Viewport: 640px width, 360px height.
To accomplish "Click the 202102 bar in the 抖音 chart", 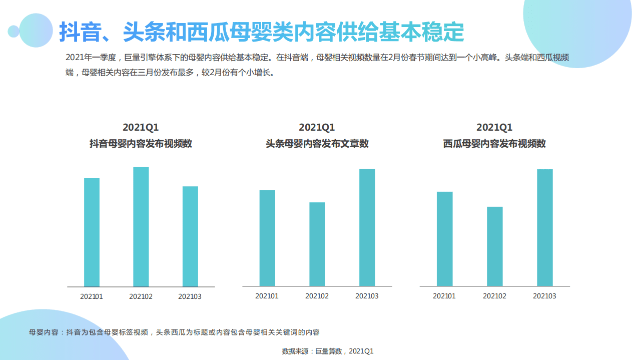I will tap(141, 227).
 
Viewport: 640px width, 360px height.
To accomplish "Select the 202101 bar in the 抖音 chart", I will tap(92, 232).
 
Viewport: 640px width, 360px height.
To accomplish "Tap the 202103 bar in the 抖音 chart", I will tap(190, 236).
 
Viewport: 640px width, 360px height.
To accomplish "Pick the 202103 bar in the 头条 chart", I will tap(367, 227).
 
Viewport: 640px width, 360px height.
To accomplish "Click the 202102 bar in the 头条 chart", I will tap(317, 244).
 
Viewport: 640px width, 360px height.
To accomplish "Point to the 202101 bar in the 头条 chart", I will tap(267, 238).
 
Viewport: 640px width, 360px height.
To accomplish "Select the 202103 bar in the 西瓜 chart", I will tap(544, 227).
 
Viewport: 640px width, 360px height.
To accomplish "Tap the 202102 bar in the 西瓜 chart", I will tap(494, 246).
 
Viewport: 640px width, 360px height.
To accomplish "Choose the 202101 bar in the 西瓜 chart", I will tap(444, 239).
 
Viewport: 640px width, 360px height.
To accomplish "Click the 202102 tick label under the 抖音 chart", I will tap(141, 296).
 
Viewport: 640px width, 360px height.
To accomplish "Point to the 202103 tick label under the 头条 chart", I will tap(367, 296).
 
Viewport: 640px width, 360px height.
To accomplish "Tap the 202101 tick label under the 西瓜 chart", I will tap(444, 296).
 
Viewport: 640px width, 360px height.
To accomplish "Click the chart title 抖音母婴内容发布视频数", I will tap(141, 144).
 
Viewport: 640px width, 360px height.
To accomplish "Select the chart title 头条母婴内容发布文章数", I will tap(317, 144).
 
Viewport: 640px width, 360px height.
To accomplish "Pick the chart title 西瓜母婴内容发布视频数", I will tap(494, 144).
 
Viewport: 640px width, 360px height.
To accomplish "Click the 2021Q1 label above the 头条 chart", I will tap(317, 128).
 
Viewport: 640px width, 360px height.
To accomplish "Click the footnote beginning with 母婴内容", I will tap(174, 332).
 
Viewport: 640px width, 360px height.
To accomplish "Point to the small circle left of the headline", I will tap(14, 32).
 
